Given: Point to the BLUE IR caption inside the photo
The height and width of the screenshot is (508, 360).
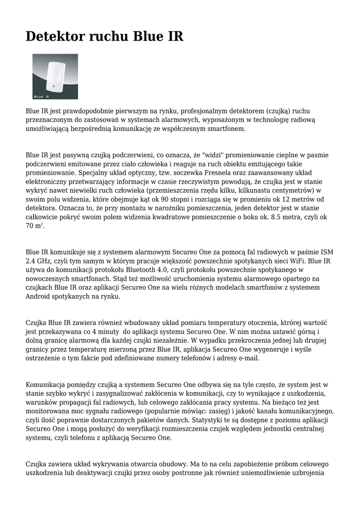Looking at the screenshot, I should coord(44,95).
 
